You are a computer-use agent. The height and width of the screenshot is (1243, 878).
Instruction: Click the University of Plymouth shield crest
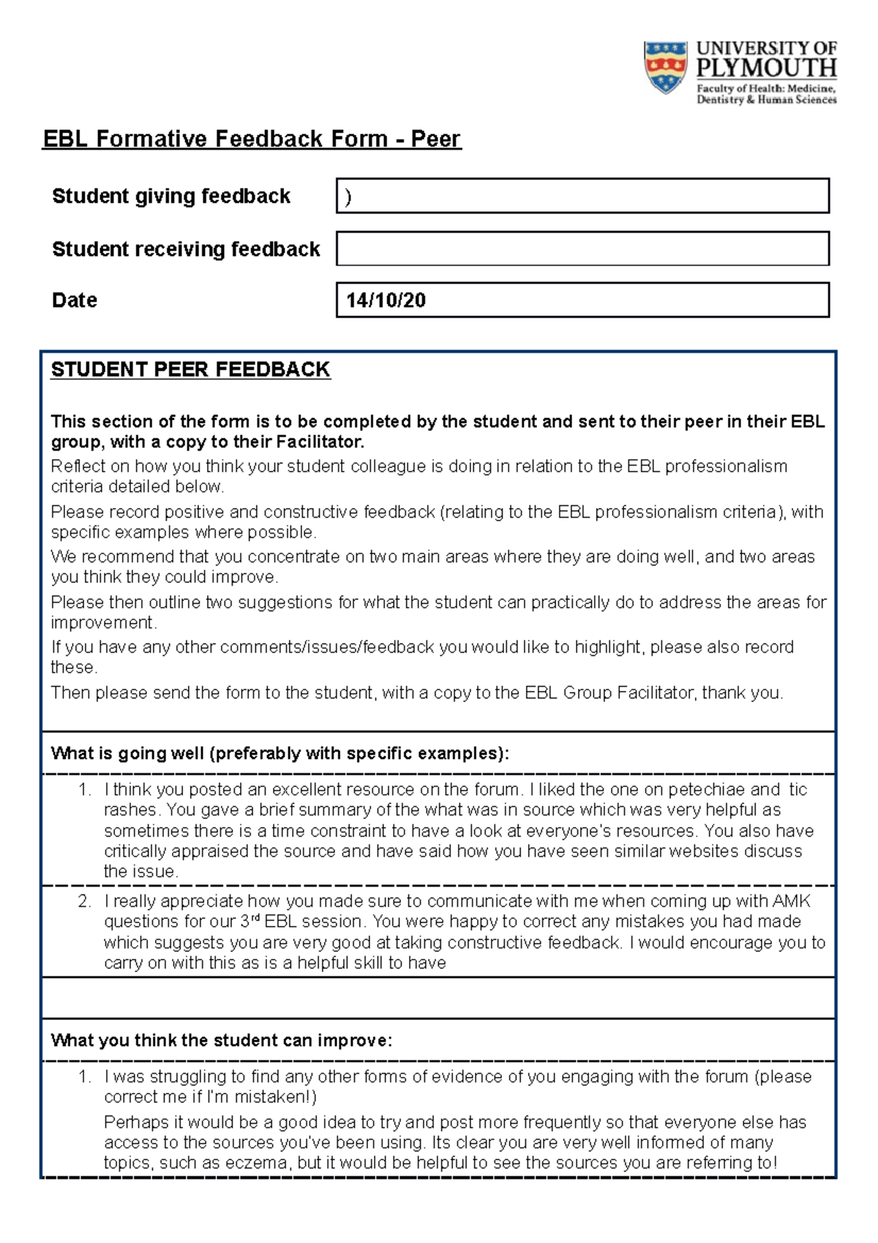pos(665,67)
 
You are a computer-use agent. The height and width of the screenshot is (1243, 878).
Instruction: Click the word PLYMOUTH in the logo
pos(766,69)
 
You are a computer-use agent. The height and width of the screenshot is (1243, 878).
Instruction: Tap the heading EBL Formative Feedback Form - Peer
pos(252,138)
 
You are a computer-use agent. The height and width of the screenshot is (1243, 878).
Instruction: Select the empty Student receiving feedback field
pos(582,248)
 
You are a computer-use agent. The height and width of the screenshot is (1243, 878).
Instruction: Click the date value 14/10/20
pos(386,300)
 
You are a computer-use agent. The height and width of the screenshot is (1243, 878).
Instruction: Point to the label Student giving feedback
pos(171,196)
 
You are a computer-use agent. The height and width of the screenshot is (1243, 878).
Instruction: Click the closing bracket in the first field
pos(348,197)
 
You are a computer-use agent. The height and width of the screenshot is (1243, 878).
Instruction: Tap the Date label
pos(75,300)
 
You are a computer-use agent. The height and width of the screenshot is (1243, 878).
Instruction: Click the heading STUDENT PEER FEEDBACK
pos(190,369)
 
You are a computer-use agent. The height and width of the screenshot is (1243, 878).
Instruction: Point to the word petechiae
pos(706,789)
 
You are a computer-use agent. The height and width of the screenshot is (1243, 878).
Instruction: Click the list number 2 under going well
pos(84,901)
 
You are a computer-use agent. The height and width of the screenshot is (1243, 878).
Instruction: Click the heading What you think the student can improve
pos(222,1040)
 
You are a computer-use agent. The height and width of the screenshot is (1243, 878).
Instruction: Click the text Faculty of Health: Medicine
pos(765,88)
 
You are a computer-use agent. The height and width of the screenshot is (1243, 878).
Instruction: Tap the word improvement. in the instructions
pos(103,622)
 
